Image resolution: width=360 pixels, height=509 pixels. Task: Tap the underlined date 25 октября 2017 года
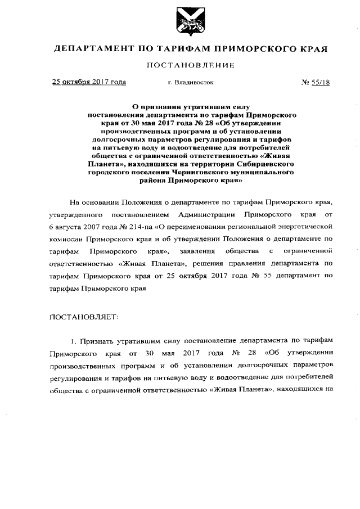(x=89, y=82)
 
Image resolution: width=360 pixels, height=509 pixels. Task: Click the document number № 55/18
(x=316, y=82)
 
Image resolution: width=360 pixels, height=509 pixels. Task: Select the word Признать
(x=97, y=341)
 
